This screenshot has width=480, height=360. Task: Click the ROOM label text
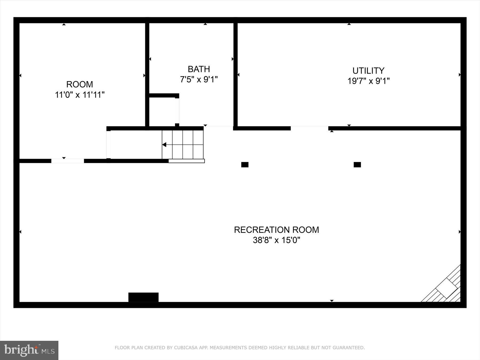79,84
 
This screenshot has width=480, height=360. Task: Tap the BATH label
199,69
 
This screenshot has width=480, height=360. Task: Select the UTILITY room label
368,71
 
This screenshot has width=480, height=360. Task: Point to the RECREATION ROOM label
276,230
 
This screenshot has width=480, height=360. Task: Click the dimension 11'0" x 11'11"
79,95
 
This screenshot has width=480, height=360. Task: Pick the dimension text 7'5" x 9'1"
199,79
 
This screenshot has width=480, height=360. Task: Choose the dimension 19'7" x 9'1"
368,81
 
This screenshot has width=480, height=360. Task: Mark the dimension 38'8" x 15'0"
276,240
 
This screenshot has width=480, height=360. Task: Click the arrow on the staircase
164,145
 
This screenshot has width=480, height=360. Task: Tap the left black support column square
245,165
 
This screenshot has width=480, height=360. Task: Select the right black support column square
357,165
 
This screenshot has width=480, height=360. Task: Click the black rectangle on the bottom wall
143,297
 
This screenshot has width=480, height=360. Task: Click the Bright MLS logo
29,350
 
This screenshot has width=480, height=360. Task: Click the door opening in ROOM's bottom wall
67,161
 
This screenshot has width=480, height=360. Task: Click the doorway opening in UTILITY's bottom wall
309,128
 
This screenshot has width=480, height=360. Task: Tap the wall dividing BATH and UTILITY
235,75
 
